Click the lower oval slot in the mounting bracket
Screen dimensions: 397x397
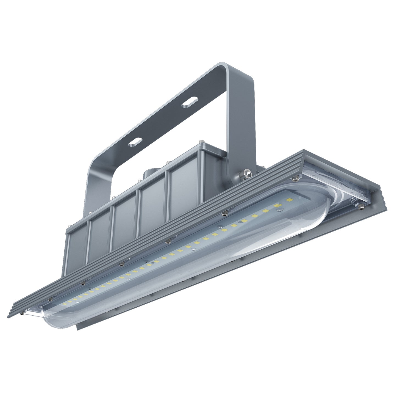coord(135,142)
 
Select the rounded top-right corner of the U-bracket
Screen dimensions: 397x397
coord(242,72)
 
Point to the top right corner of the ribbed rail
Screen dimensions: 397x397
coord(304,151)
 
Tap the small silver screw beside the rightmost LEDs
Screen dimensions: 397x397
coord(280,210)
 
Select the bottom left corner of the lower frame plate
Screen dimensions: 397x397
coord(78,329)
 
